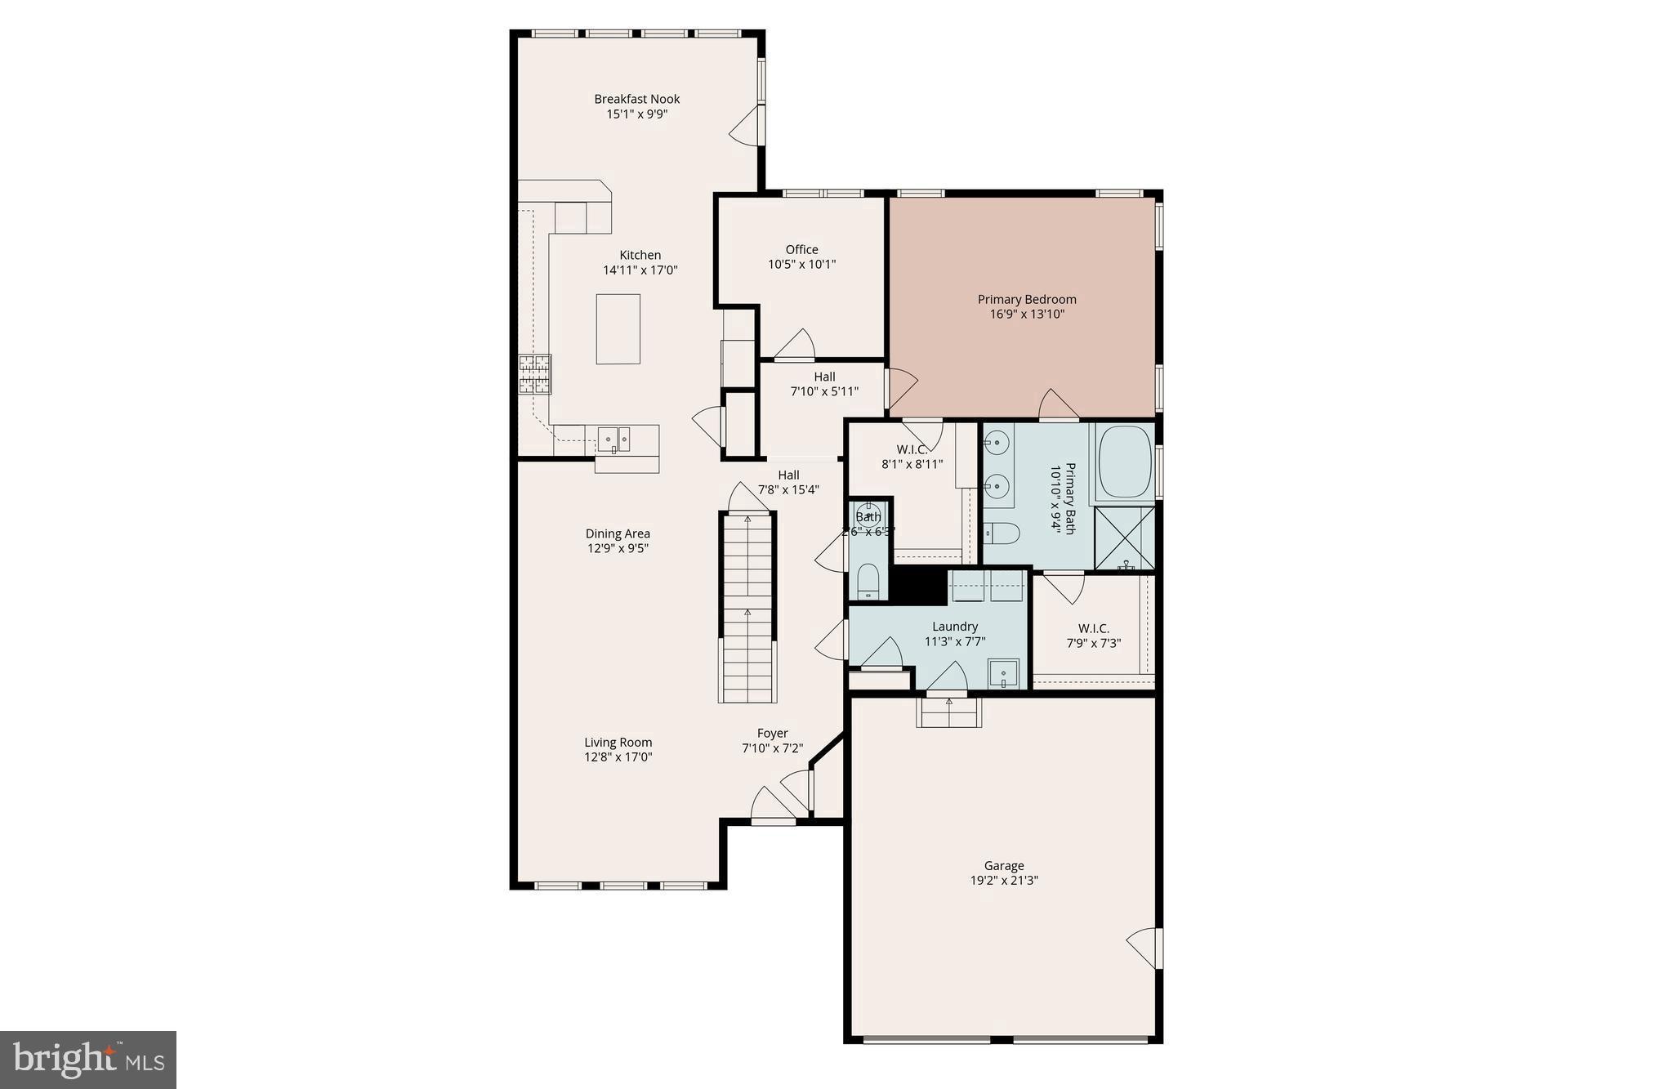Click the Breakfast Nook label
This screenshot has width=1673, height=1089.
(636, 99)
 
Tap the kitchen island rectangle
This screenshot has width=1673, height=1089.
(618, 329)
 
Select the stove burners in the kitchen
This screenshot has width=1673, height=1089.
(534, 375)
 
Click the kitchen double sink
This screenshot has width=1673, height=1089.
(613, 439)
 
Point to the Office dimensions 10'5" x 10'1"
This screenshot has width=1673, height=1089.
(801, 264)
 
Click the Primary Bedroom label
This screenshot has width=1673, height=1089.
(1027, 299)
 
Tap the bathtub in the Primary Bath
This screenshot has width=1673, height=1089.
(1124, 462)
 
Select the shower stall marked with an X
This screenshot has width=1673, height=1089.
(1124, 538)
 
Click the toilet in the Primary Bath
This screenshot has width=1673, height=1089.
(1002, 533)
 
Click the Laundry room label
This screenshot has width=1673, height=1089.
(954, 627)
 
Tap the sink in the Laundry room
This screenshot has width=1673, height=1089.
(1003, 674)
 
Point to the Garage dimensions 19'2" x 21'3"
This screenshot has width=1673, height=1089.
(1003, 881)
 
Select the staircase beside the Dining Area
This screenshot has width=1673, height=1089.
(747, 606)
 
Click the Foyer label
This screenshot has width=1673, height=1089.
(772, 733)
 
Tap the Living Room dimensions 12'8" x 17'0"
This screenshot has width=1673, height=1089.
(618, 756)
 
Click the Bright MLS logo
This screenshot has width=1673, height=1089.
(88, 1060)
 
